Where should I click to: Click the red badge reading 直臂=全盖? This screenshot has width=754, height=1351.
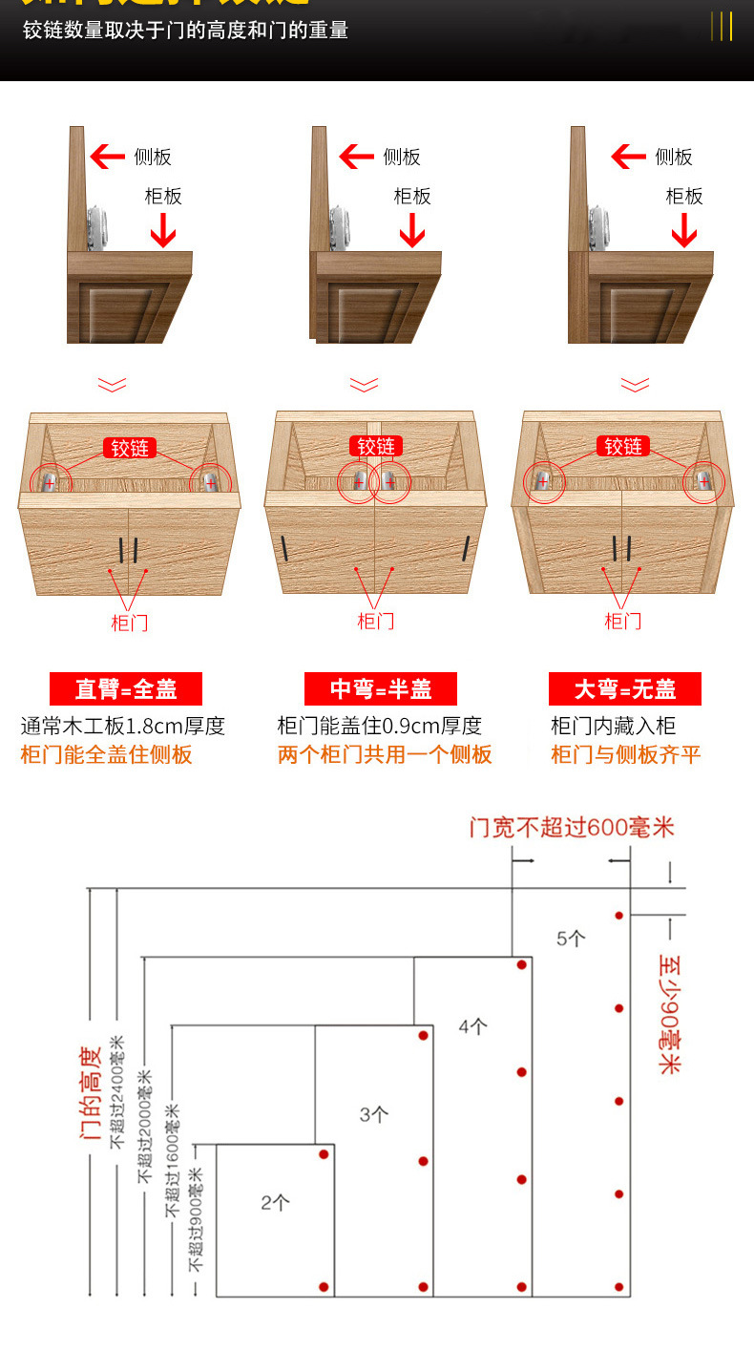(x=126, y=688)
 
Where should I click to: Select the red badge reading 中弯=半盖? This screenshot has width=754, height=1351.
(x=381, y=688)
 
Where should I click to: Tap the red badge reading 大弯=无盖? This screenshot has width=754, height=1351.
(x=625, y=688)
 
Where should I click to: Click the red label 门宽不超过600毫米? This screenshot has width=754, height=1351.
(x=571, y=827)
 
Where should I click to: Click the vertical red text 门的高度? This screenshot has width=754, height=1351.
(x=91, y=1093)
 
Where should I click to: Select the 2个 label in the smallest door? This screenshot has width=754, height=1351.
(x=275, y=1203)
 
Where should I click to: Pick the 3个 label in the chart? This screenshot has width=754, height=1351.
(x=373, y=1113)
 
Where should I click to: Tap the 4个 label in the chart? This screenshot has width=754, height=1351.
(x=472, y=1027)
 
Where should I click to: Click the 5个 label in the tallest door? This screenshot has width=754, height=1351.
(x=571, y=938)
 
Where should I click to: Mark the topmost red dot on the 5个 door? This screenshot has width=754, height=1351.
(x=619, y=916)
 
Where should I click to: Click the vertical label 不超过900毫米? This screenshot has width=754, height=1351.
(x=196, y=1218)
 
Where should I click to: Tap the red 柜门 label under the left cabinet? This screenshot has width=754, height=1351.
(x=130, y=623)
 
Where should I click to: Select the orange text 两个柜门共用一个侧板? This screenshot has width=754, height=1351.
(x=385, y=754)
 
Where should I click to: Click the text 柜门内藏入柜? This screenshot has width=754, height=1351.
(x=613, y=726)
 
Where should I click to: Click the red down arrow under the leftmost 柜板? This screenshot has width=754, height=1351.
(x=163, y=230)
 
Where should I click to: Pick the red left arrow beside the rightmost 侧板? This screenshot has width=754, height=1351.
(x=628, y=157)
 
